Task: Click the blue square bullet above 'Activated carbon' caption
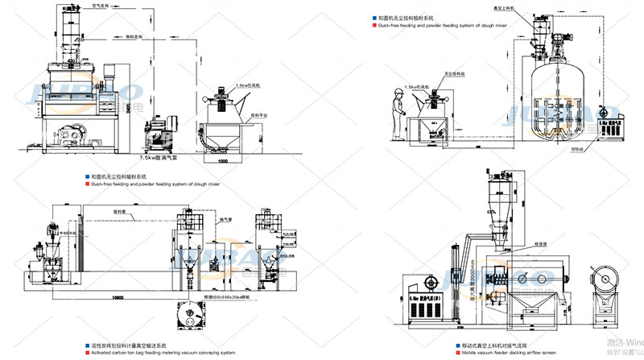point(87,345)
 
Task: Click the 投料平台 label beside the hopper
point(260,114)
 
